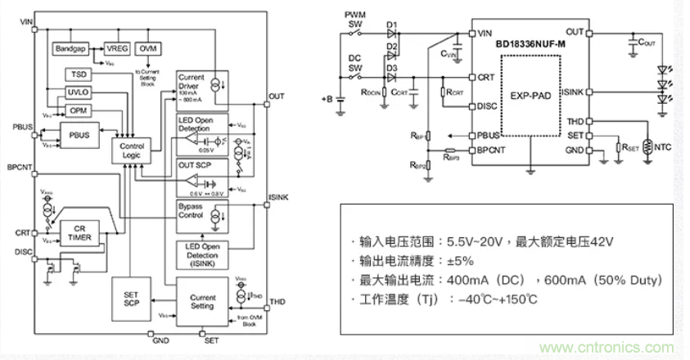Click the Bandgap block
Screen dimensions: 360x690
click(x=71, y=49)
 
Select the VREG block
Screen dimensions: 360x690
click(x=117, y=49)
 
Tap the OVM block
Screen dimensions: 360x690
click(x=148, y=49)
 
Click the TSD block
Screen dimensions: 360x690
click(x=76, y=75)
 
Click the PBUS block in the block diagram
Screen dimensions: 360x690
click(x=79, y=134)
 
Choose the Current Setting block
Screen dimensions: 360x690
click(x=202, y=302)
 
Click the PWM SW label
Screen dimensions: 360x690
click(x=355, y=20)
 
